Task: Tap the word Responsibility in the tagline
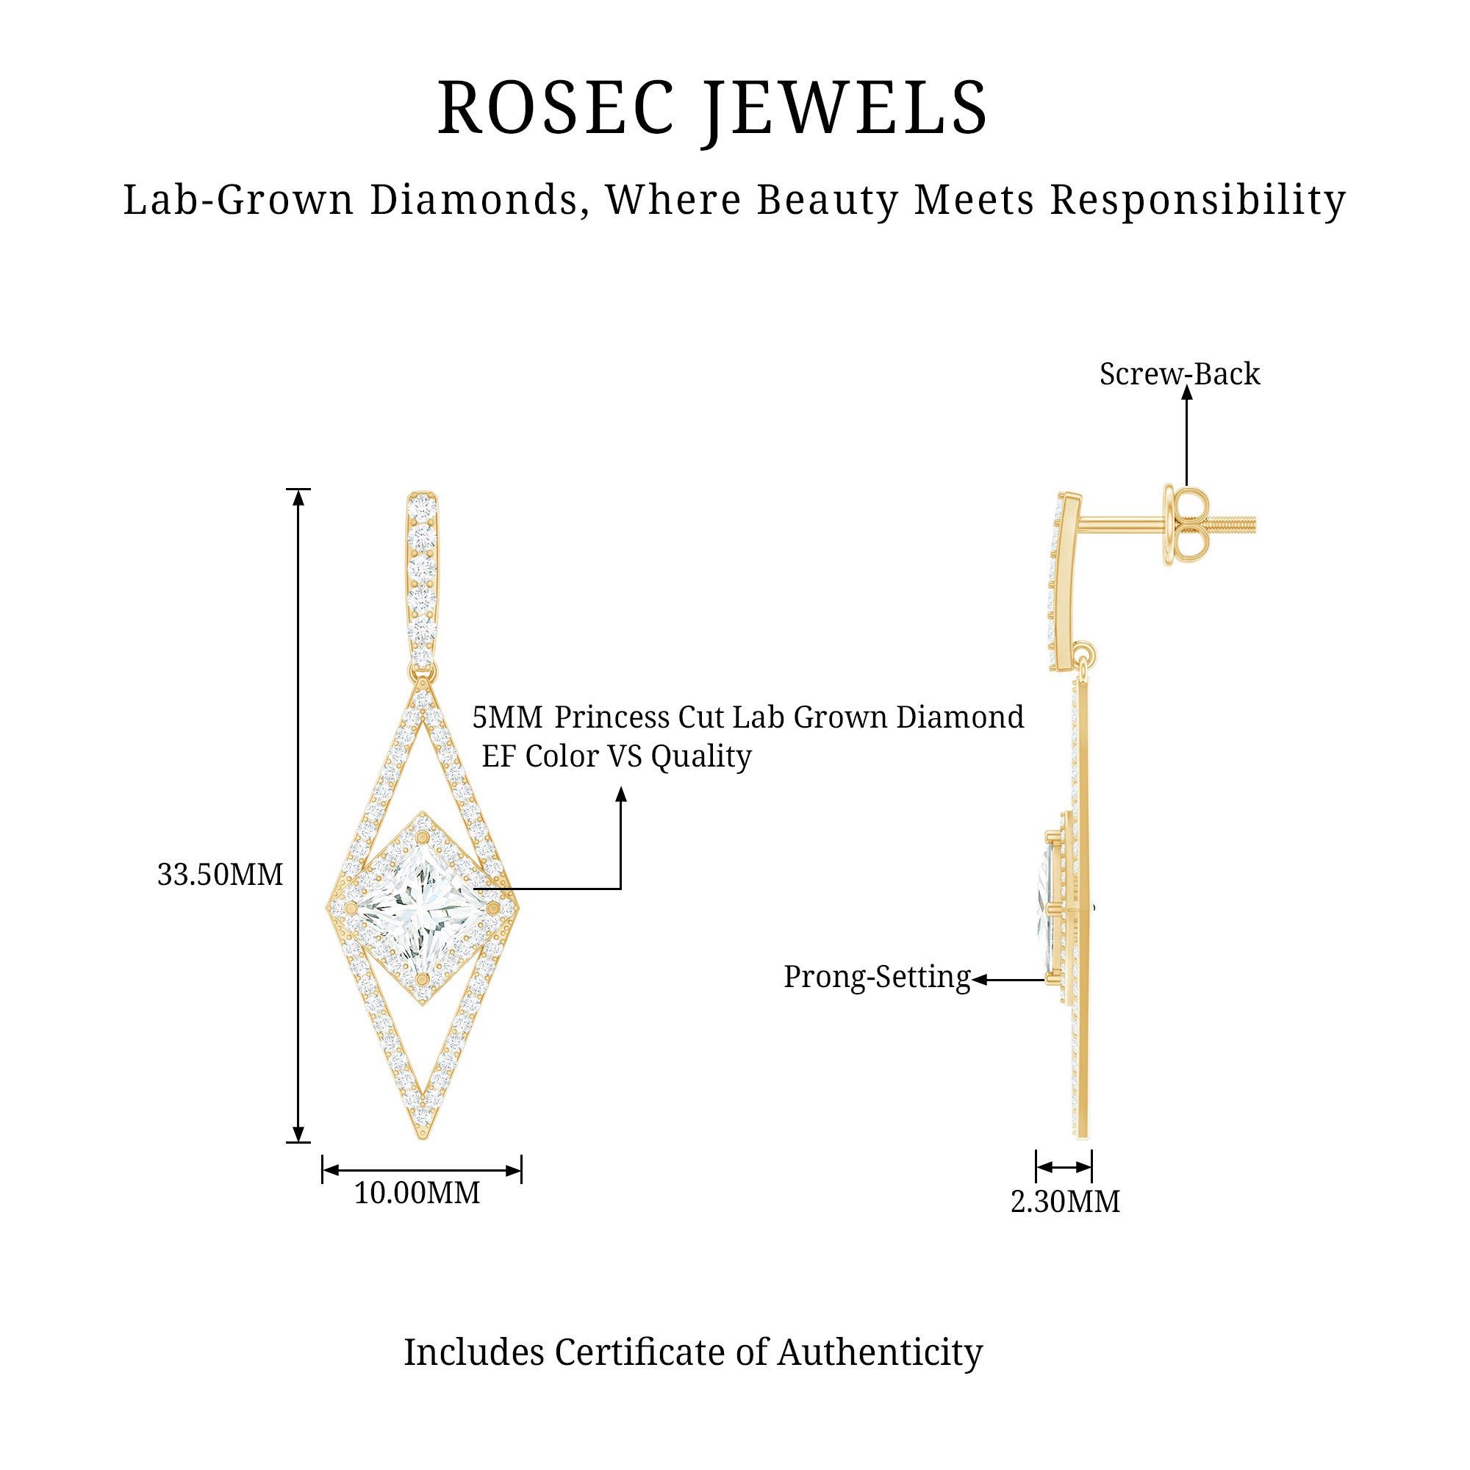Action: (x=1198, y=201)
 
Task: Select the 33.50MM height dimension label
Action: (x=220, y=875)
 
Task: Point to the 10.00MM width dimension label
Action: (x=417, y=1192)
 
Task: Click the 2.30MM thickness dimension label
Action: (x=1065, y=1202)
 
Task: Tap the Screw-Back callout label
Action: (x=1180, y=373)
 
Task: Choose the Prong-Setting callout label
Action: (x=878, y=977)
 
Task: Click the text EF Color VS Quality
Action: (x=617, y=756)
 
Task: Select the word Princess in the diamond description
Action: (x=612, y=717)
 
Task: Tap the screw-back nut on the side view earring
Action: (x=1185, y=524)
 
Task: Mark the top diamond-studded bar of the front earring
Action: (x=423, y=578)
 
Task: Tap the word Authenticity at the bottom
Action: (x=881, y=1354)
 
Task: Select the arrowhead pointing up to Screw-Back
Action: (x=1186, y=393)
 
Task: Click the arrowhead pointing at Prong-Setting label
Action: (x=980, y=980)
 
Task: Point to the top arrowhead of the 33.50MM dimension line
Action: (x=299, y=497)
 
